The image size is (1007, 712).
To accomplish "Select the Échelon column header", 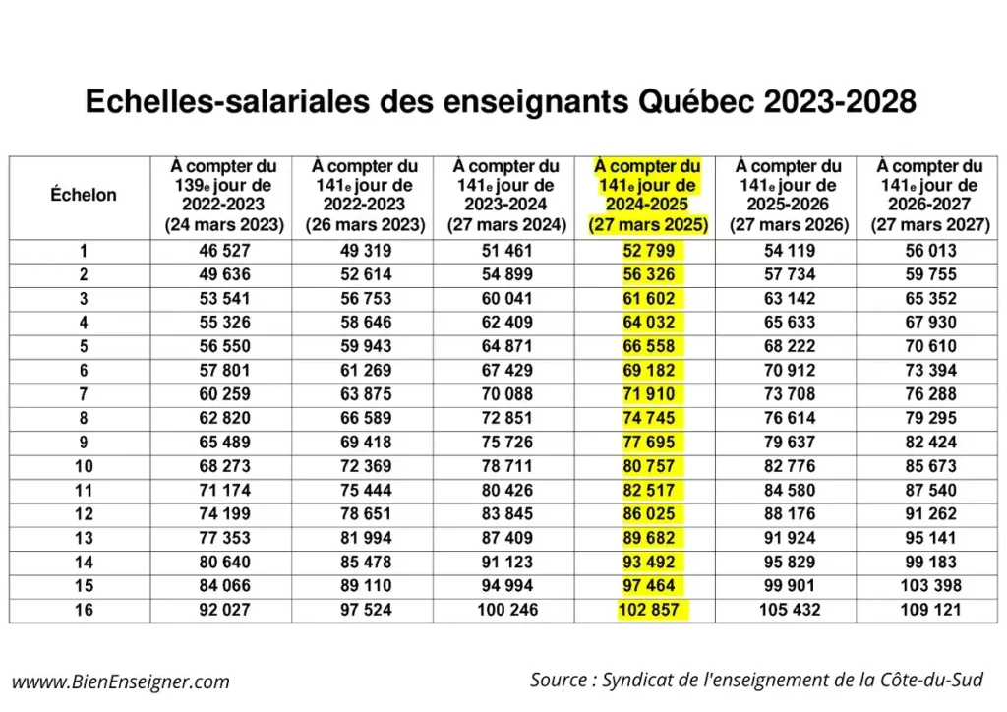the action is click(84, 195).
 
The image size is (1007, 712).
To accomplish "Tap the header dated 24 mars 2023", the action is click(224, 196).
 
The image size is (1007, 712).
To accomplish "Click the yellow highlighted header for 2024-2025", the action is click(648, 196).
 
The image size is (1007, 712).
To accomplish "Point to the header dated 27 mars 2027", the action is click(930, 196).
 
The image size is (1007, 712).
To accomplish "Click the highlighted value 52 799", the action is click(649, 251).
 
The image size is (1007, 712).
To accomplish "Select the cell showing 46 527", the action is click(224, 251).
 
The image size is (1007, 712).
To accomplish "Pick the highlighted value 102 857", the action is click(649, 610).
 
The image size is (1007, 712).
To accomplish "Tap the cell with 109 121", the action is click(930, 610).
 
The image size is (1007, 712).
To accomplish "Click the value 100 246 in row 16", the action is click(507, 610).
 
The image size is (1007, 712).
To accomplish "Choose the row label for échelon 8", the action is click(84, 419).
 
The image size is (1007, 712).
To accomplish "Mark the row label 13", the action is click(84, 538).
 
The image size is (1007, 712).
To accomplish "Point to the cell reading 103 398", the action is click(930, 585).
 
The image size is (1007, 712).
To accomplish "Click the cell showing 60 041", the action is click(507, 299).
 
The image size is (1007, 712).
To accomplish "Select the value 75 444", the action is click(366, 491).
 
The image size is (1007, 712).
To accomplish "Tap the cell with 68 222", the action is click(790, 347).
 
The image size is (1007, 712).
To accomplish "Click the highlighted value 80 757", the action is click(649, 466).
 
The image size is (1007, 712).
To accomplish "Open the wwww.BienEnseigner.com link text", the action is click(121, 682).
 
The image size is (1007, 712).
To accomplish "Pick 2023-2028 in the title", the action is click(840, 102).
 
